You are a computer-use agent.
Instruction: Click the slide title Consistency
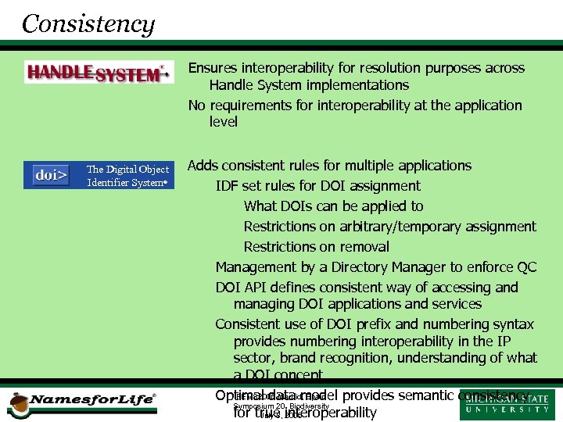(x=88, y=23)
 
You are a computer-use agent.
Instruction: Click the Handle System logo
(x=99, y=72)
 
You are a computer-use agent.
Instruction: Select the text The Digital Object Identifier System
(x=127, y=176)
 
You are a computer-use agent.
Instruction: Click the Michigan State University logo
(x=507, y=404)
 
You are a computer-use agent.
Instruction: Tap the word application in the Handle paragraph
(x=481, y=105)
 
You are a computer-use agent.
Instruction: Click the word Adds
(x=203, y=166)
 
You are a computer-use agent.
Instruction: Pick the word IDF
(x=228, y=186)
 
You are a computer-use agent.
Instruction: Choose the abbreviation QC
(x=526, y=267)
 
